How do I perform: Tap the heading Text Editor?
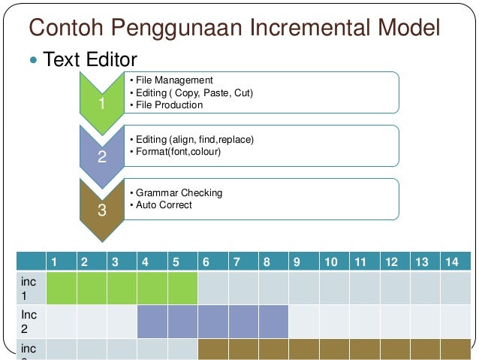click(90, 59)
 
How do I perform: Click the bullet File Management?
click(173, 80)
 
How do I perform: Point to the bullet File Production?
click(168, 105)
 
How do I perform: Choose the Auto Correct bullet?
click(163, 205)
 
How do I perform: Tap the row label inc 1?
click(30, 287)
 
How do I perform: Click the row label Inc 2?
click(30, 321)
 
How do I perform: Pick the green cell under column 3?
click(122, 287)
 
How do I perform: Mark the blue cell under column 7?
click(243, 321)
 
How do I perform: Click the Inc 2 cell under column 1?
click(61, 321)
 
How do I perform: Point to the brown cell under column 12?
click(393, 349)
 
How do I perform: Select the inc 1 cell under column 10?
click(333, 287)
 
